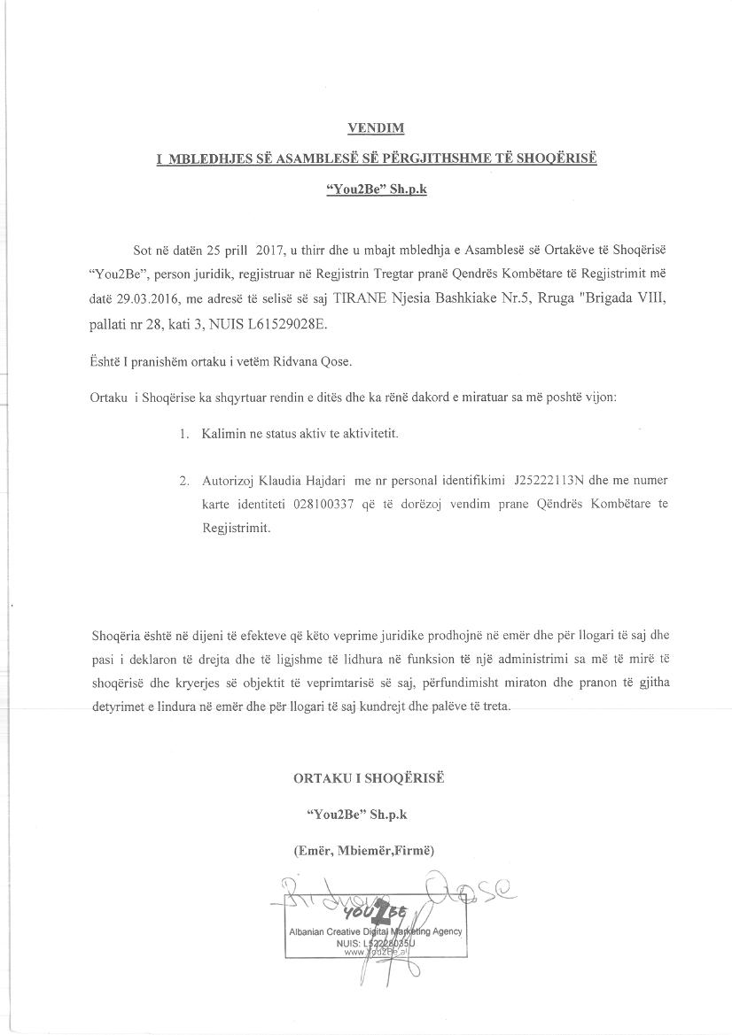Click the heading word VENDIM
pos(375,128)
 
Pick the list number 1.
pos(183,436)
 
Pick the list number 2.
pos(183,482)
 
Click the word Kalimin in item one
pos(224,436)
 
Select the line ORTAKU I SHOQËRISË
pos(369,777)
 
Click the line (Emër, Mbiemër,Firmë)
pos(363,850)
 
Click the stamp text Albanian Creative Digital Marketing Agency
pos(374,931)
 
